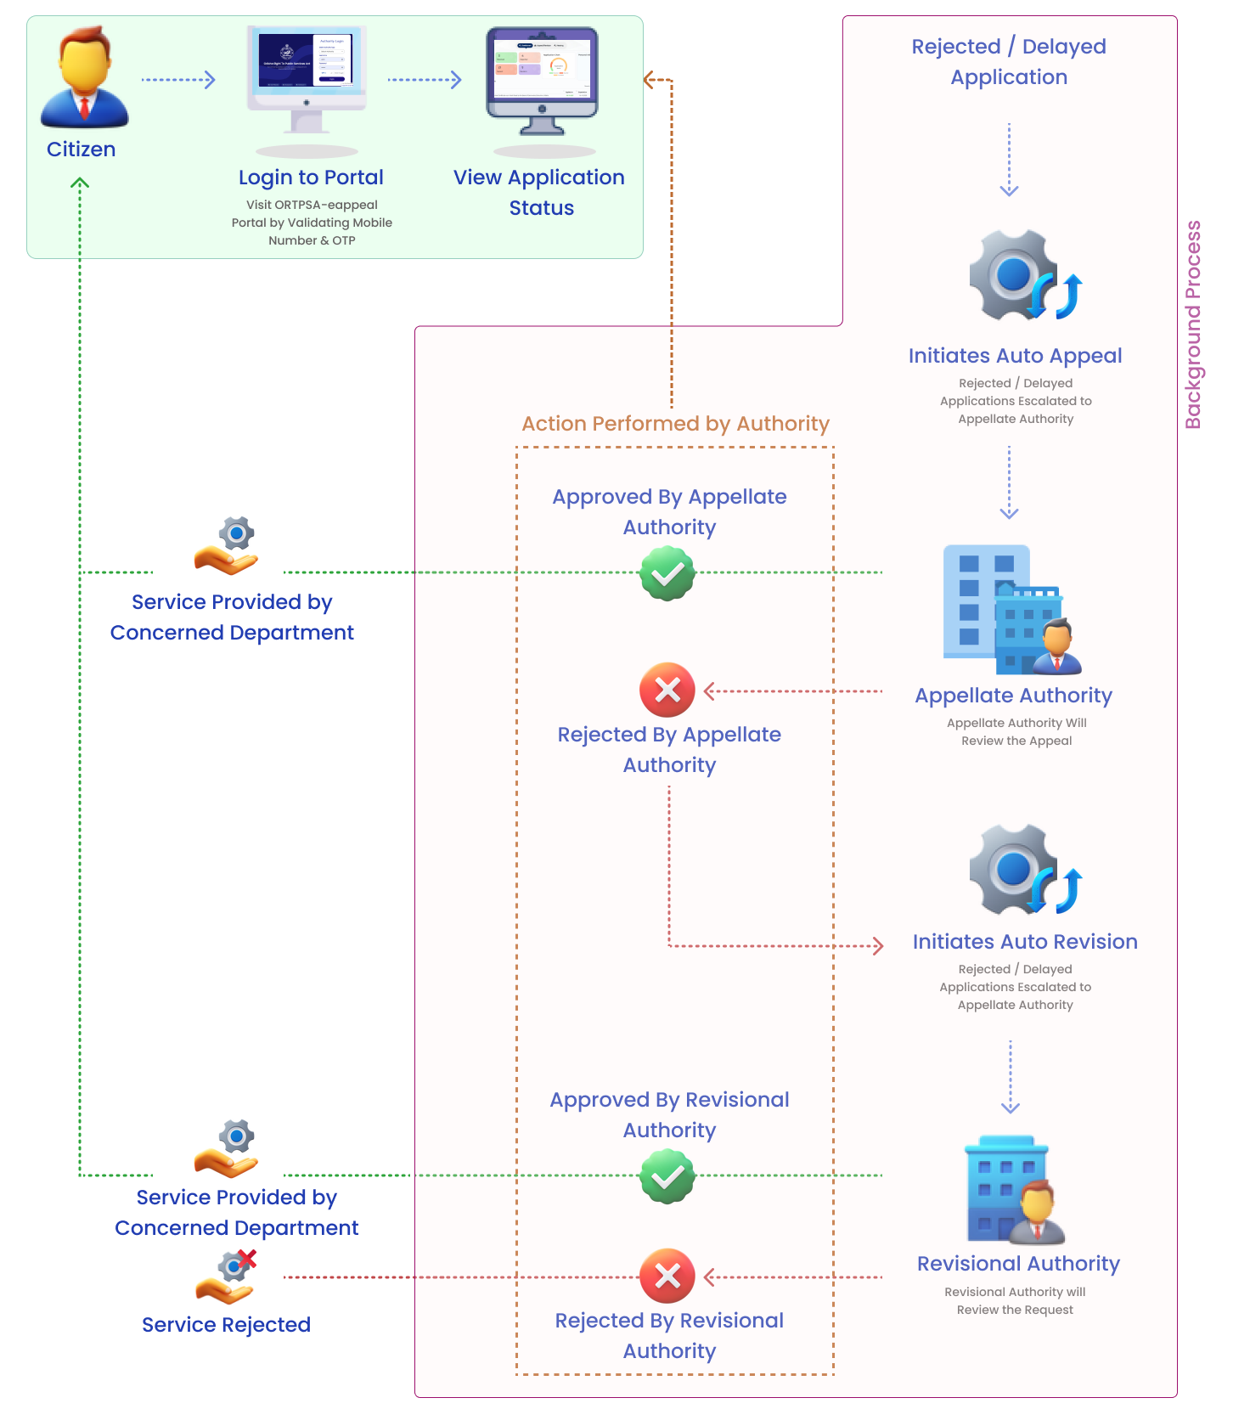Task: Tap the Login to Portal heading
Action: [311, 178]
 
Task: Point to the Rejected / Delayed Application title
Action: [1009, 62]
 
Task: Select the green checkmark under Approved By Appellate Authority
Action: [667, 573]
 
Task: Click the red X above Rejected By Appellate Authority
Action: [667, 690]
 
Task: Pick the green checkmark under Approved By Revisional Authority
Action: [667, 1176]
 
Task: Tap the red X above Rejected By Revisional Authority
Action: [667, 1276]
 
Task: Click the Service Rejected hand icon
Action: [226, 1277]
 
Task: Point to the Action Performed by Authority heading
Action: [675, 424]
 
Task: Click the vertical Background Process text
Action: [1193, 324]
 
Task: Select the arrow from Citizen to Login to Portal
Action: [178, 80]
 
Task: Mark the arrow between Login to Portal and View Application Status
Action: [425, 80]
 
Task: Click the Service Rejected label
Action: [226, 1325]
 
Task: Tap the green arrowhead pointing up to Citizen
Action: [80, 182]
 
